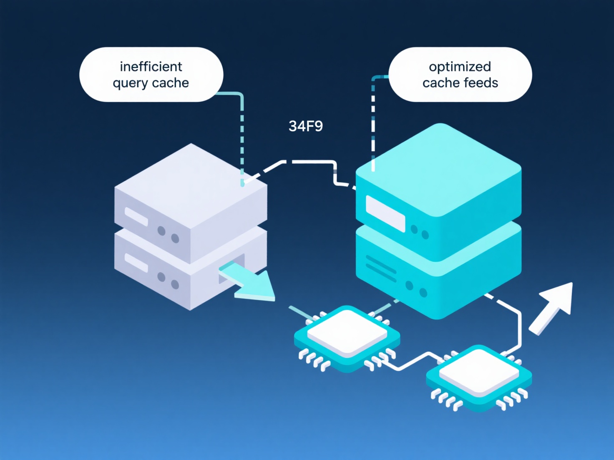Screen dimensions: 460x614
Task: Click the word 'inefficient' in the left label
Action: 151,67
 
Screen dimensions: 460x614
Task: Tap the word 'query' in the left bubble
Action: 130,83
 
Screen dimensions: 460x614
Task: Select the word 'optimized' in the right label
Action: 460,67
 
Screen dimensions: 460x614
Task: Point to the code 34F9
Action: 306,126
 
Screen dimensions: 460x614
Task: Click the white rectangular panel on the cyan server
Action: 385,213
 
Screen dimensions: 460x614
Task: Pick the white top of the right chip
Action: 479,371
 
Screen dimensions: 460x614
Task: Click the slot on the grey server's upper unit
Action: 136,216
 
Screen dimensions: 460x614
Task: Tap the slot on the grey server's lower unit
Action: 136,262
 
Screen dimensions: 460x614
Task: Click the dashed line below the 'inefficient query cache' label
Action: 242,142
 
